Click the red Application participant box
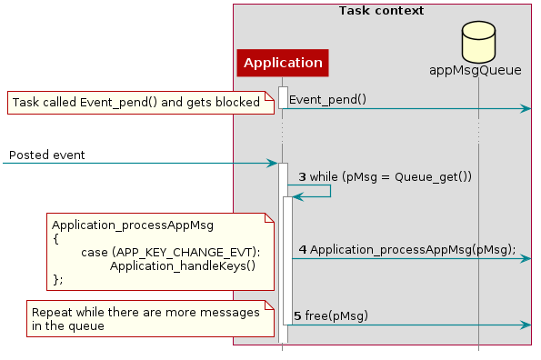(x=282, y=63)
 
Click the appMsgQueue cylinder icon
(x=478, y=42)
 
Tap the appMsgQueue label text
(x=478, y=70)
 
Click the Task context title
(x=381, y=11)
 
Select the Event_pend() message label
(x=327, y=99)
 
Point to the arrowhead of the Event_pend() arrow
(x=526, y=109)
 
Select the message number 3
(x=303, y=176)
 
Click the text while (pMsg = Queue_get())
(x=390, y=176)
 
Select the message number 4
(x=303, y=249)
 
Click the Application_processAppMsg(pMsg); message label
(x=413, y=249)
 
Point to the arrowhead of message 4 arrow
(x=526, y=259)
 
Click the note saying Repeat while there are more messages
(x=145, y=317)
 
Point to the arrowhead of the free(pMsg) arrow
(x=526, y=325)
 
